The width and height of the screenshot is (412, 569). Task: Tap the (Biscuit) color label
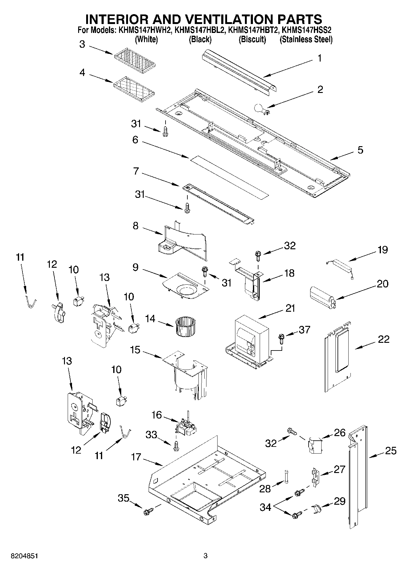pos(252,39)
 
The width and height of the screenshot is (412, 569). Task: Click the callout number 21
pos(290,308)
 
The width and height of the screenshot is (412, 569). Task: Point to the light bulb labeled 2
pos(261,109)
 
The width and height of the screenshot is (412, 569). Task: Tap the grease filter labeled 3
pos(135,59)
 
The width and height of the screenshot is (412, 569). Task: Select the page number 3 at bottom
pos(206,556)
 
